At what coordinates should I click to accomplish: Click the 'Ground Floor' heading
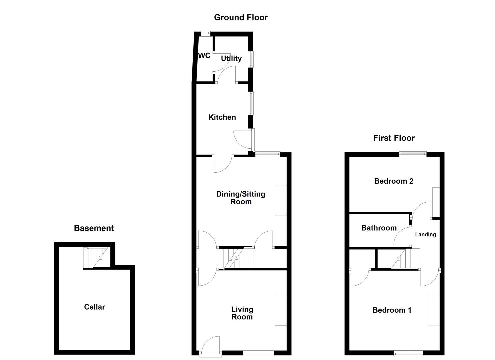(x=241, y=17)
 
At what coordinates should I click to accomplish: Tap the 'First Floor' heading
(x=394, y=138)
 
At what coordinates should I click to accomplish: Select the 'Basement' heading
(x=94, y=228)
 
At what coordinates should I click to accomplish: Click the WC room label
(x=204, y=56)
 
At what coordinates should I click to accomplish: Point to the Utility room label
(x=231, y=59)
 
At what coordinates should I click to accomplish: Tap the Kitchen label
(x=222, y=117)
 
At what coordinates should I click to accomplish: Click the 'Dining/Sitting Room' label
(x=241, y=198)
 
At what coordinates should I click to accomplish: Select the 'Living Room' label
(x=242, y=313)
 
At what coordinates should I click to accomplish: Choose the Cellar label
(x=94, y=307)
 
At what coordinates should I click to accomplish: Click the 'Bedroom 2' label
(x=394, y=181)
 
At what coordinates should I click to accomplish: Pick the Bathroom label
(x=379, y=228)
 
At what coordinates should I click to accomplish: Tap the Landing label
(x=425, y=235)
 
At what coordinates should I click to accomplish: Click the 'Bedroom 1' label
(x=392, y=310)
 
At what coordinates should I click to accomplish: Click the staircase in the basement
(x=96, y=257)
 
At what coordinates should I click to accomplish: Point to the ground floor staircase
(x=236, y=258)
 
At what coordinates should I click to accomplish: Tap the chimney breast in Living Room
(x=280, y=310)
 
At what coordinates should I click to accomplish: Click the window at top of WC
(x=206, y=33)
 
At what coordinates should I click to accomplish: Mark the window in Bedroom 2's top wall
(x=413, y=154)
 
